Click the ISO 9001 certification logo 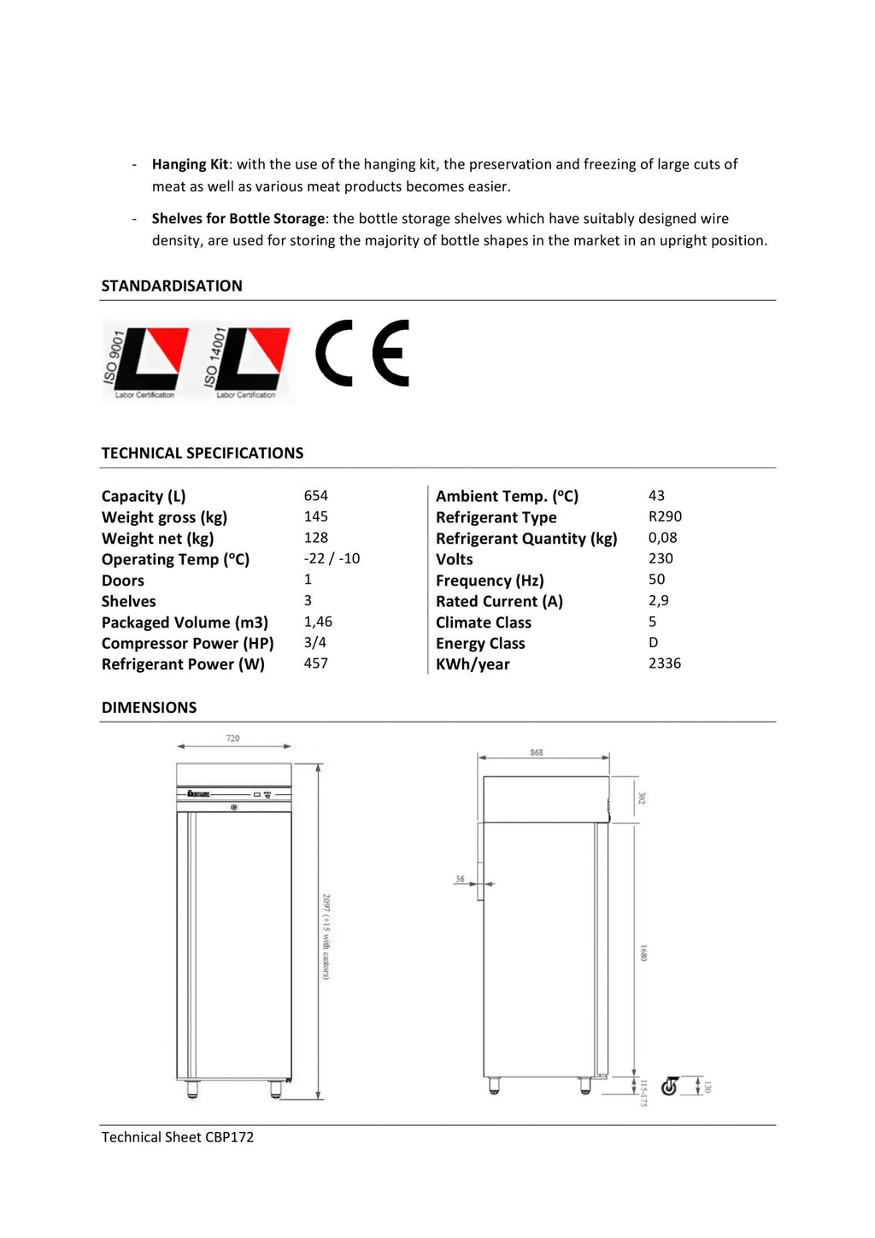(x=145, y=362)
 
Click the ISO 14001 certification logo (x=247, y=362)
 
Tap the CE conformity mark (x=362, y=353)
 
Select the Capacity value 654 (x=316, y=496)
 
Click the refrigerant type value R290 (x=665, y=516)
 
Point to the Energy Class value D (x=654, y=643)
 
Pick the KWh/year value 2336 (x=665, y=663)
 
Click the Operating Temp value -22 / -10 (x=332, y=558)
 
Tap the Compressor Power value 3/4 (x=315, y=642)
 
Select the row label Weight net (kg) (x=157, y=539)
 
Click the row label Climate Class (x=484, y=622)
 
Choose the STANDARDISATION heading (x=172, y=286)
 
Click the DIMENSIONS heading (x=149, y=707)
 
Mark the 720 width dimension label (x=232, y=738)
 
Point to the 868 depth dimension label (x=537, y=752)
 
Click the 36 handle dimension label (x=460, y=879)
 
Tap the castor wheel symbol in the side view (x=670, y=1086)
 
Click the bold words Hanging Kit (x=190, y=164)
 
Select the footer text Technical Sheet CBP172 (x=178, y=1137)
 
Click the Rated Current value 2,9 (x=659, y=601)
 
